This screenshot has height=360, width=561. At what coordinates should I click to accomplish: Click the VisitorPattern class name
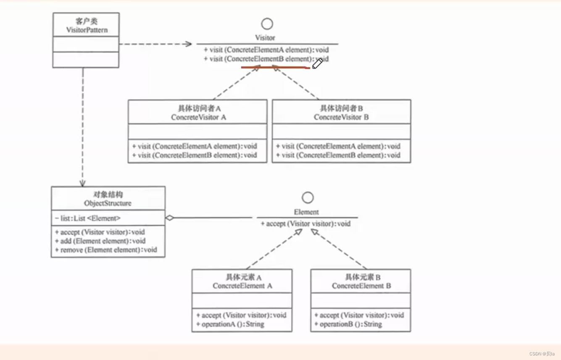click(87, 30)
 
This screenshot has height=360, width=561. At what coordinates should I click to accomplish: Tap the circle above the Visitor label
click(267, 24)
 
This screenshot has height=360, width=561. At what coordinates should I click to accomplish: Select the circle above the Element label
click(308, 197)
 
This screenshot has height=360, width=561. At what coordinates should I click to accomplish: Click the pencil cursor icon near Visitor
click(317, 64)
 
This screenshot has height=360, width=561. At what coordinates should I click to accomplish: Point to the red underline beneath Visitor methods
click(275, 67)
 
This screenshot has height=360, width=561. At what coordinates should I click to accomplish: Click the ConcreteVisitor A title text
click(198, 117)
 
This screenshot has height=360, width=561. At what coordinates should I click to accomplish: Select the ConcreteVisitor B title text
click(341, 117)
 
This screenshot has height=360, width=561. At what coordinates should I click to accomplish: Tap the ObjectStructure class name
click(108, 203)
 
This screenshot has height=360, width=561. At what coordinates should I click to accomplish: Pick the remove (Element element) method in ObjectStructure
click(105, 250)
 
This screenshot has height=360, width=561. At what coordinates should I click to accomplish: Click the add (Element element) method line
click(100, 241)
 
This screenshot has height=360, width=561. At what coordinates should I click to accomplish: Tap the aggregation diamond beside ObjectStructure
click(169, 218)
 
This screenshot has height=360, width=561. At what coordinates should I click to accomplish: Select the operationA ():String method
click(230, 324)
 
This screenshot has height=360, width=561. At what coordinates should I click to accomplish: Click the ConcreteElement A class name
click(242, 286)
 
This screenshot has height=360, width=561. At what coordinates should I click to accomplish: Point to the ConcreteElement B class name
click(361, 286)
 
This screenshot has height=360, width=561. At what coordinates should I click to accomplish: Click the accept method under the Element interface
click(306, 224)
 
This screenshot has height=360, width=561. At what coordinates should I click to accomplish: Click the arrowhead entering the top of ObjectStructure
click(82, 183)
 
